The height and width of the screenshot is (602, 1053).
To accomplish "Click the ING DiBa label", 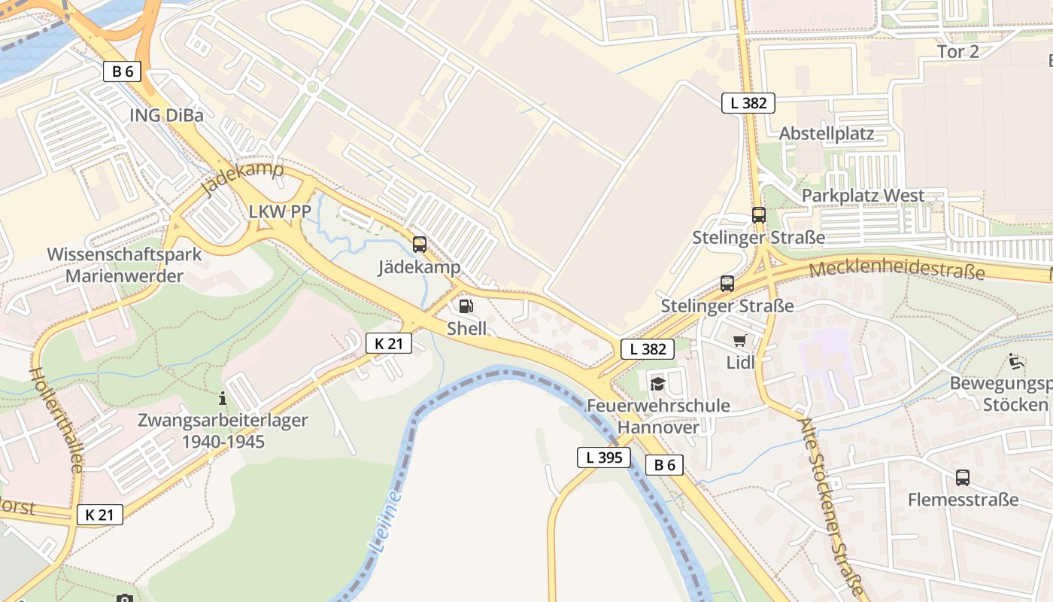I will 167,115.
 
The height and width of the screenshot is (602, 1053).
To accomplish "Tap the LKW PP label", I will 280,212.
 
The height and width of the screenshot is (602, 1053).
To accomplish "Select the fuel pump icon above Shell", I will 466,306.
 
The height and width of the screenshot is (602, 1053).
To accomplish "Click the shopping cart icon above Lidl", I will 740,341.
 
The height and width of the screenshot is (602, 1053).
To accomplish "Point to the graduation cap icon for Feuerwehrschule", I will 658,385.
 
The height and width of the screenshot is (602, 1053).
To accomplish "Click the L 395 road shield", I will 604,457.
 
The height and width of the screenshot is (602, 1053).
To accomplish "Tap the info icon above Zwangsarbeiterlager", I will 222,398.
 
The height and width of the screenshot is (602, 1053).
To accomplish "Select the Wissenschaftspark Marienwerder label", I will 125,265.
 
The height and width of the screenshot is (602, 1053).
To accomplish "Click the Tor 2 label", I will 958,52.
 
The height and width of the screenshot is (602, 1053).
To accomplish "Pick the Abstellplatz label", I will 827,134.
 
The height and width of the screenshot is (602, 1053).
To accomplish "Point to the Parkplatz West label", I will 863,196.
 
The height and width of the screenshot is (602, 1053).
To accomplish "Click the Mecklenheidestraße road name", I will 897,269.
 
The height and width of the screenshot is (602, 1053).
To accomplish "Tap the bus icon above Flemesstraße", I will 963,478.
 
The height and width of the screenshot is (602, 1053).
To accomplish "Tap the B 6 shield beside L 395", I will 664,465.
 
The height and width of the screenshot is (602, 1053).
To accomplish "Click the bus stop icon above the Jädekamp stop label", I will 420,245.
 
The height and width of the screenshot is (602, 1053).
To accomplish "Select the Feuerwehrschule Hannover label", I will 658,416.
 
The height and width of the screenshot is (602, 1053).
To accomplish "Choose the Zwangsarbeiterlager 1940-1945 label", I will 223,430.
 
